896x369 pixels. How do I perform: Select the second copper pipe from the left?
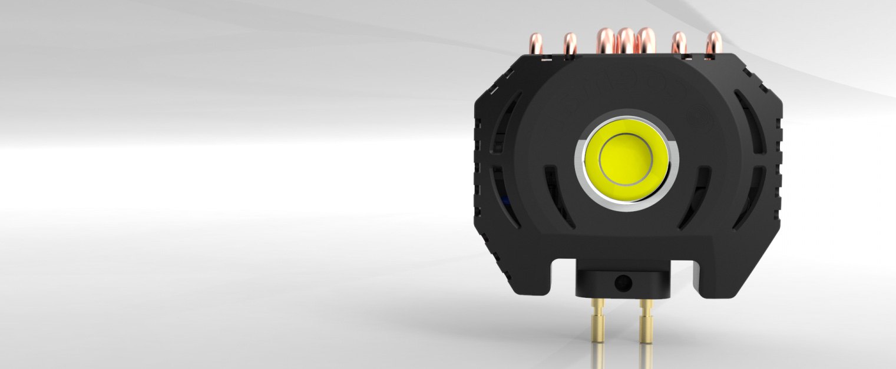(x=570, y=44)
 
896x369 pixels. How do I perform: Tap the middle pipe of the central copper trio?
(x=626, y=40)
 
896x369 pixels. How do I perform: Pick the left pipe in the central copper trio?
(x=606, y=40)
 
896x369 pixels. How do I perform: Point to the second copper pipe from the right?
(x=679, y=44)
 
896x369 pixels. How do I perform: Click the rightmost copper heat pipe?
(x=713, y=44)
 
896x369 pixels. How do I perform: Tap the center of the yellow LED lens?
(x=626, y=158)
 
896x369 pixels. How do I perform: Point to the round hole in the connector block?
(x=621, y=284)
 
